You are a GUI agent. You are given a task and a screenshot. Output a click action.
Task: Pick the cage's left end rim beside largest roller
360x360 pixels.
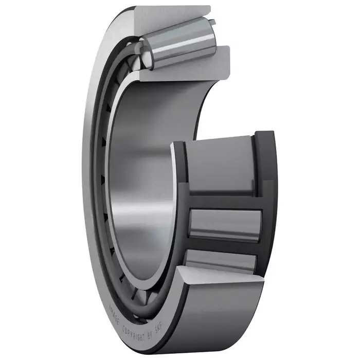pyautogui.click(x=180, y=170)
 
